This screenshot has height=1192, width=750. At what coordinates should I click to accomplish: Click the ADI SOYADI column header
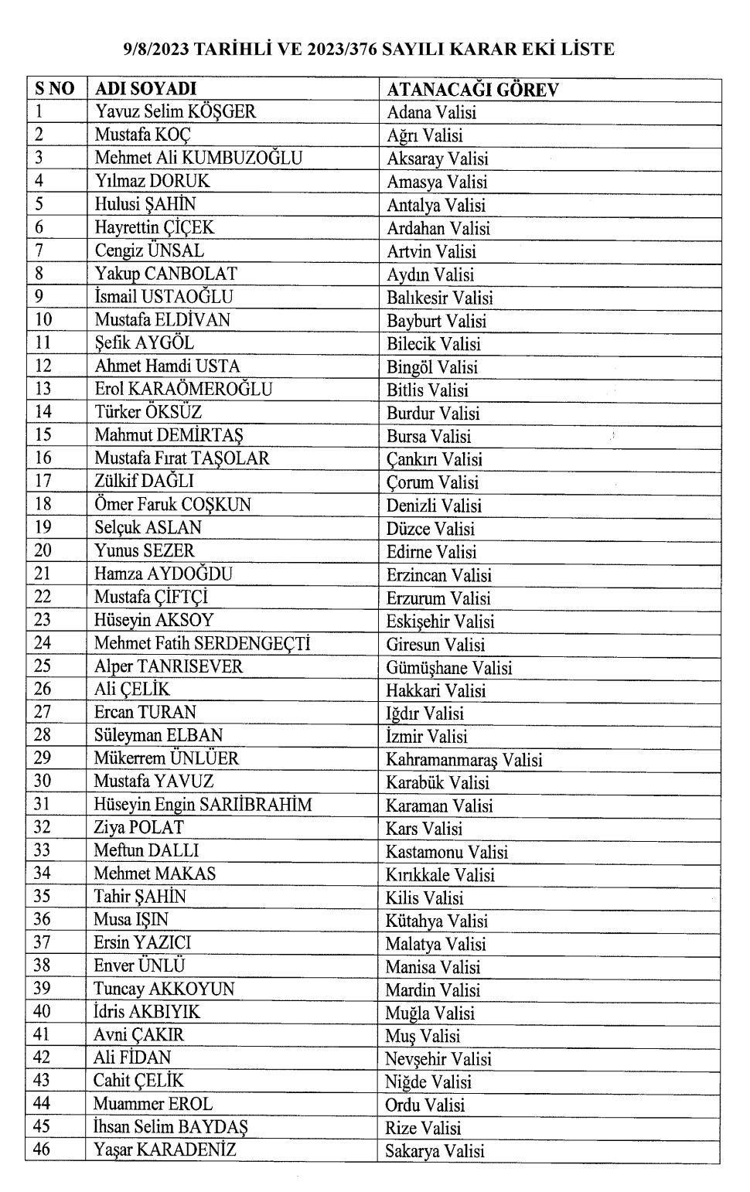(145, 88)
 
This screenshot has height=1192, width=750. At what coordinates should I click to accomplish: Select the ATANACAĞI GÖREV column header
(472, 89)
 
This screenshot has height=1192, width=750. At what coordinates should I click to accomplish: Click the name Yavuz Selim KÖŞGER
(175, 111)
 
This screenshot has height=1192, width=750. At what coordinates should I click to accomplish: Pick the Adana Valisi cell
(431, 112)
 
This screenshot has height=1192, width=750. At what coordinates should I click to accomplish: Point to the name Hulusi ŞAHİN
(145, 204)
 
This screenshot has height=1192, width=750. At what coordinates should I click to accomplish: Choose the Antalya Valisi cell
(436, 205)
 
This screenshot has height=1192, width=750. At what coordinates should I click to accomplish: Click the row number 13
(43, 389)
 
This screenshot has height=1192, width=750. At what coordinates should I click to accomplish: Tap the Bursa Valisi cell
(428, 436)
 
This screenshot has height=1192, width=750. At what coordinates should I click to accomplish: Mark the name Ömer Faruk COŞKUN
(172, 505)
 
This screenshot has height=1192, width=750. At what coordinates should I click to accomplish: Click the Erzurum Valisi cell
(438, 598)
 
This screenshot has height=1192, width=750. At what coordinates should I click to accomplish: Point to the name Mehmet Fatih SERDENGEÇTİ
(202, 643)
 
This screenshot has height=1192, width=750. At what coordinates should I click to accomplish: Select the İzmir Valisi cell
(427, 736)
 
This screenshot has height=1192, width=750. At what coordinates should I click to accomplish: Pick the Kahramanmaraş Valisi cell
(464, 759)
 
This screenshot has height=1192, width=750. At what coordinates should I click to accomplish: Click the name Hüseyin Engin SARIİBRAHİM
(203, 805)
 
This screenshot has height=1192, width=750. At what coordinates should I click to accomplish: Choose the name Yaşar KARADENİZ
(165, 1149)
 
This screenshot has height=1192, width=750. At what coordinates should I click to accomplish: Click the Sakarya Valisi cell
(435, 1150)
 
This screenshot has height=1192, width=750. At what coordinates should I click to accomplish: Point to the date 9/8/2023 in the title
(156, 49)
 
